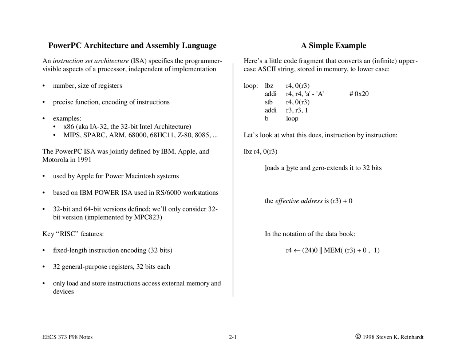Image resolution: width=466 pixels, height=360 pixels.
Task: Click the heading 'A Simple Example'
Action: click(x=333, y=46)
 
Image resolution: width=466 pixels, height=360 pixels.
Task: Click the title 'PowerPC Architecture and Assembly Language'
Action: click(x=132, y=46)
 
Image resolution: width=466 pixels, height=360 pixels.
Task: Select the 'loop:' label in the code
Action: click(x=250, y=86)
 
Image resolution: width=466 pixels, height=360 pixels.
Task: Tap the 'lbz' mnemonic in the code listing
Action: click(x=269, y=86)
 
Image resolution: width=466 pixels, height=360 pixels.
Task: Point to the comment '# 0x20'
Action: click(x=359, y=94)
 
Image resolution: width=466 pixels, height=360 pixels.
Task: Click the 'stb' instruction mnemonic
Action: click(x=269, y=102)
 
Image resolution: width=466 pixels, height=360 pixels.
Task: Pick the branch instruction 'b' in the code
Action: click(x=266, y=119)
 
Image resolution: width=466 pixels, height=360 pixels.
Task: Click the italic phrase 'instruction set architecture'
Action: click(x=91, y=61)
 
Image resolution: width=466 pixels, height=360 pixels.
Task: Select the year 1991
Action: click(x=84, y=160)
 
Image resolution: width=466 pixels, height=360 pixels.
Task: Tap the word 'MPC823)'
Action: click(x=148, y=217)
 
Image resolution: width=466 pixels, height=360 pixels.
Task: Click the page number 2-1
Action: click(x=233, y=337)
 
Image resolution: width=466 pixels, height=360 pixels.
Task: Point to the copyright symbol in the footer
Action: click(x=358, y=337)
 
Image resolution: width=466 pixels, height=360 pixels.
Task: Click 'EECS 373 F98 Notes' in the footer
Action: click(x=67, y=337)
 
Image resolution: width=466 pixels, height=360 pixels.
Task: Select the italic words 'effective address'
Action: click(x=299, y=201)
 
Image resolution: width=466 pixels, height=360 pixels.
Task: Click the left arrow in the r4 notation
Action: click(x=297, y=250)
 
